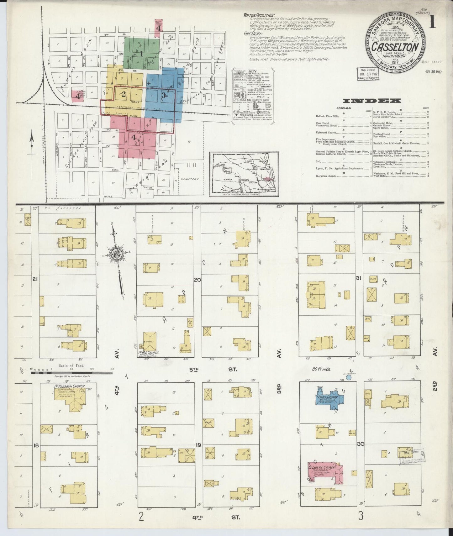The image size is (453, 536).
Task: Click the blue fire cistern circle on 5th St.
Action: coord(349,378)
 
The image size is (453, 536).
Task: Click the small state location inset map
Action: coord(244,174)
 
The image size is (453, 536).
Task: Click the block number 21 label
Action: coord(35,280)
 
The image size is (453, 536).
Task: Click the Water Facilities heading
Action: coord(259,15)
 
